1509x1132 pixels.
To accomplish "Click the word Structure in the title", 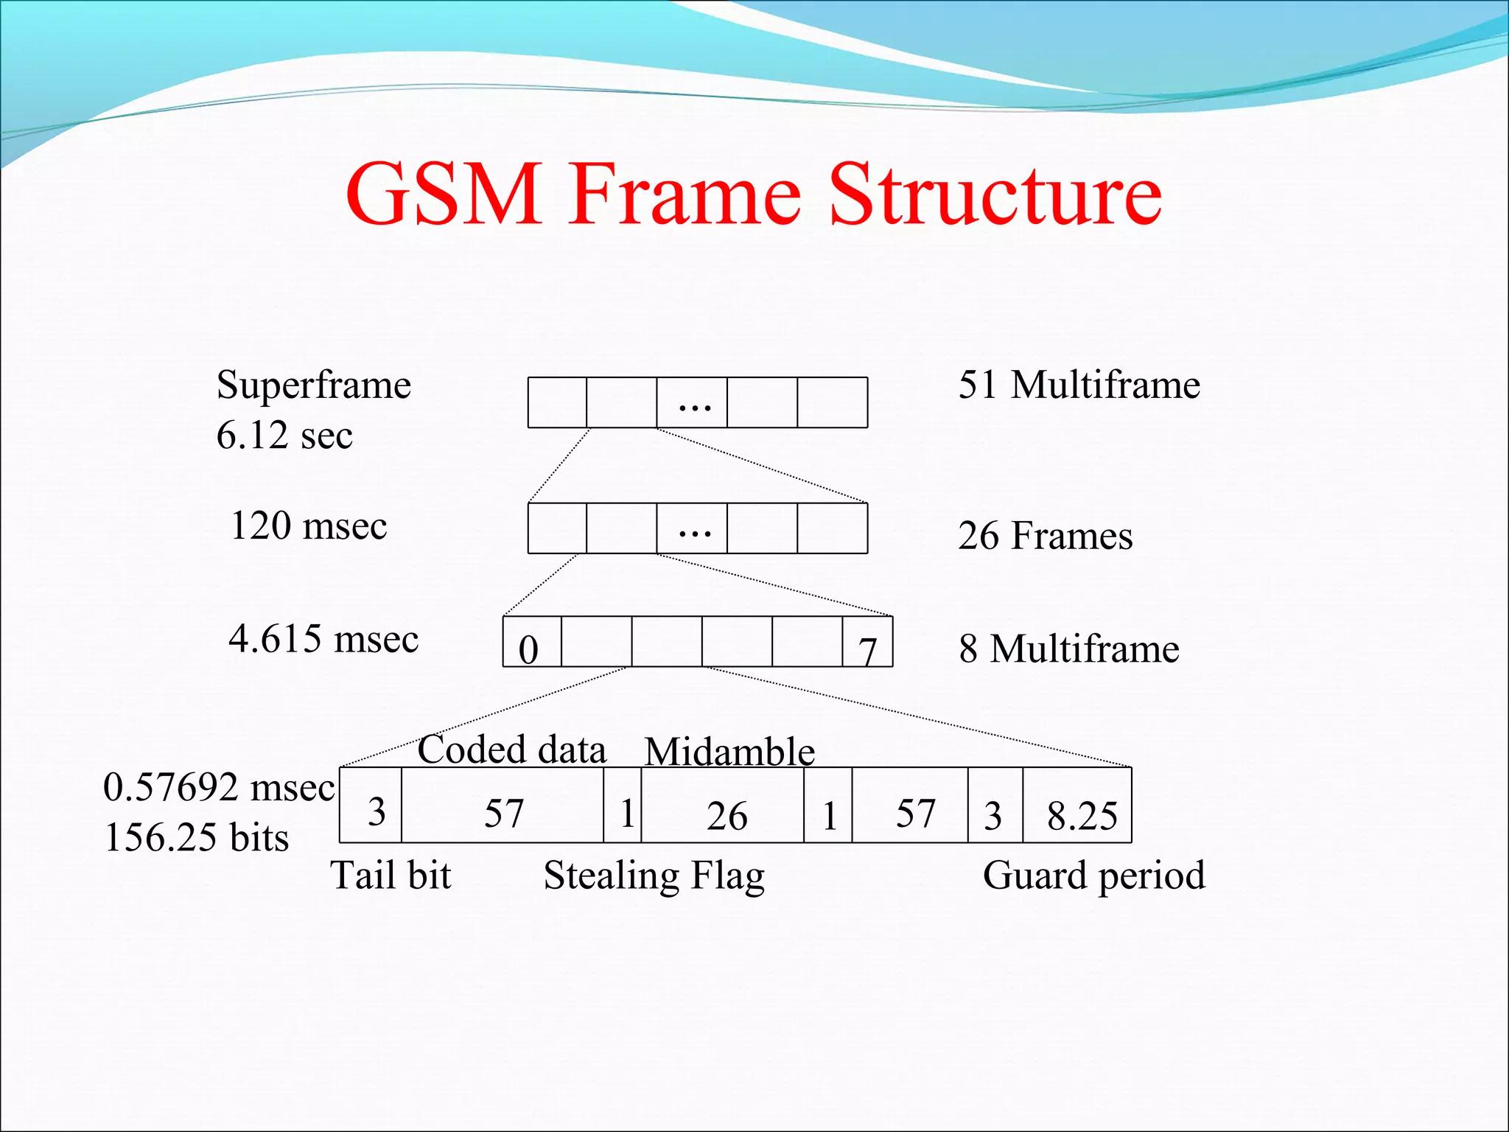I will (x=995, y=195).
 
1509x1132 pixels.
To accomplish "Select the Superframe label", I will (x=314, y=385).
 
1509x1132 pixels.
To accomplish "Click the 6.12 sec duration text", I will (x=284, y=435).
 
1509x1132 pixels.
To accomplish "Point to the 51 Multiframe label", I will (x=1079, y=385).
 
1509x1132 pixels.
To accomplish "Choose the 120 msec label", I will (x=309, y=526).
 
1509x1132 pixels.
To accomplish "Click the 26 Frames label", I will (x=1045, y=536).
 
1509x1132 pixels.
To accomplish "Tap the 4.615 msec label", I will (x=323, y=639).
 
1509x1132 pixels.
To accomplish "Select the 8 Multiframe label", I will (x=1068, y=649).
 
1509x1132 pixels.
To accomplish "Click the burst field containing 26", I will (x=723, y=806).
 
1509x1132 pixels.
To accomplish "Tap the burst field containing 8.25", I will (x=1077, y=806).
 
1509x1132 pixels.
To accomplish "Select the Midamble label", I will (x=729, y=752).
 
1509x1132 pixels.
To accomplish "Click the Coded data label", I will (x=511, y=750).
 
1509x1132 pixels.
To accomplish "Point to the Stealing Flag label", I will (x=654, y=876).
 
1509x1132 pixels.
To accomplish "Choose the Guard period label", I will (x=1093, y=876).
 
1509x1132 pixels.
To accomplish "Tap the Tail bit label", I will (x=391, y=876).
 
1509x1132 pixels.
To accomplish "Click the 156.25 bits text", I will (x=197, y=838).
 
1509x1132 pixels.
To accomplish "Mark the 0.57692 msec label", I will (x=219, y=787).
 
